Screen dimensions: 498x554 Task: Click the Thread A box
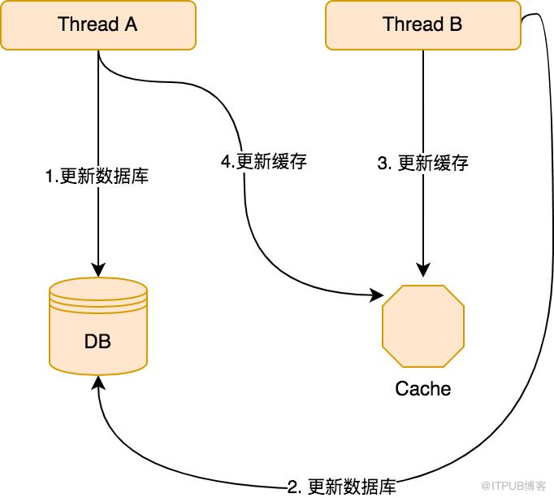click(97, 25)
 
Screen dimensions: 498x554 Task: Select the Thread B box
click(422, 25)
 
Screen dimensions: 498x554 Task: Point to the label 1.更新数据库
click(97, 175)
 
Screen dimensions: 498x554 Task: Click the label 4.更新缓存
click(264, 162)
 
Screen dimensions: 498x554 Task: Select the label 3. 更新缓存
click(423, 163)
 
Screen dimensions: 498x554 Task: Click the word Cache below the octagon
click(423, 388)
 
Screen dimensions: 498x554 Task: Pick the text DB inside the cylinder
click(97, 341)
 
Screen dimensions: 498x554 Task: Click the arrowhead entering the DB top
click(98, 269)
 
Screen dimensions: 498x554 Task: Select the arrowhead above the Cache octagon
click(423, 269)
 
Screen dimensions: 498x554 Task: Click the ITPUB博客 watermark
click(513, 485)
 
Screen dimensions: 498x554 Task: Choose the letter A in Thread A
click(130, 24)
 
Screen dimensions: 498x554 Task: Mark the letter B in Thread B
click(456, 24)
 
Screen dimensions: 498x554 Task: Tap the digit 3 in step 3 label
click(383, 163)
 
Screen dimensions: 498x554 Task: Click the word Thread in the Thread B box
click(410, 24)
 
